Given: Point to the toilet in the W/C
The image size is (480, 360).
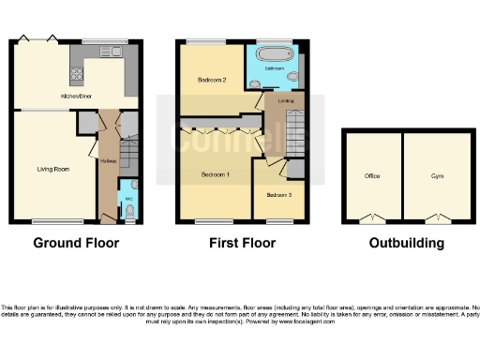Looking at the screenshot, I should (x=129, y=211).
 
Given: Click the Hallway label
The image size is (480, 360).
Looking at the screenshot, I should (x=107, y=160).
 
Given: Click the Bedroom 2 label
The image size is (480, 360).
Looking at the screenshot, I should (x=213, y=80).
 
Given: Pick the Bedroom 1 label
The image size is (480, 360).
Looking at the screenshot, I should (x=216, y=175).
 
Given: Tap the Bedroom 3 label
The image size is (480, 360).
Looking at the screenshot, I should (x=278, y=195).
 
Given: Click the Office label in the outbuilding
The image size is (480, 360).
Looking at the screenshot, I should (x=372, y=175).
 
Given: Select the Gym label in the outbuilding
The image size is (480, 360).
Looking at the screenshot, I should (x=437, y=175).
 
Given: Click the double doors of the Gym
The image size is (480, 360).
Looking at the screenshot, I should (x=437, y=218).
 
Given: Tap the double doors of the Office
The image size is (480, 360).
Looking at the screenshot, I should (x=372, y=218).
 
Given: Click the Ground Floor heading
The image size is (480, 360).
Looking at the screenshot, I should (x=76, y=244).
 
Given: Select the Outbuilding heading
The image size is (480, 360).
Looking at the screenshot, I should (x=405, y=244).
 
